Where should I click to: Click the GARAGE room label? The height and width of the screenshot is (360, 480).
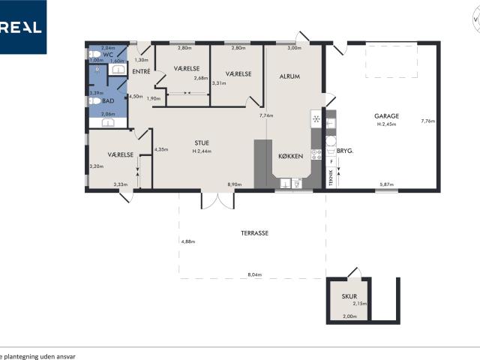tap(387, 116)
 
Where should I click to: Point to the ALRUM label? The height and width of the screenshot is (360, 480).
tap(290, 76)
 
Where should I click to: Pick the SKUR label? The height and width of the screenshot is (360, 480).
tap(349, 296)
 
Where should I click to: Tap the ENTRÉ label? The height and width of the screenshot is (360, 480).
tap(141, 71)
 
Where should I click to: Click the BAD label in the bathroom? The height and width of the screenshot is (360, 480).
tap(108, 100)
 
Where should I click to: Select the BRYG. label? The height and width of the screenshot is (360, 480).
tap(344, 151)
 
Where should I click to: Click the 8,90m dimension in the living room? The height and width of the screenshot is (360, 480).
tap(235, 184)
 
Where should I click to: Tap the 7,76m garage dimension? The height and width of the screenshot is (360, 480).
tap(427, 121)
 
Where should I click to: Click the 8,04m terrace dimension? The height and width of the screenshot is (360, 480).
tap(254, 275)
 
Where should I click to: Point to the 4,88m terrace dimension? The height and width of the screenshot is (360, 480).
tap(187, 241)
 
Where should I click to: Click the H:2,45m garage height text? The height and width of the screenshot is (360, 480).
tap(387, 124)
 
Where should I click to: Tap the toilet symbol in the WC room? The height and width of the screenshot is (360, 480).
tap(94, 54)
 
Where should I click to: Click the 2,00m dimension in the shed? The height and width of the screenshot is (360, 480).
tap(349, 316)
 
